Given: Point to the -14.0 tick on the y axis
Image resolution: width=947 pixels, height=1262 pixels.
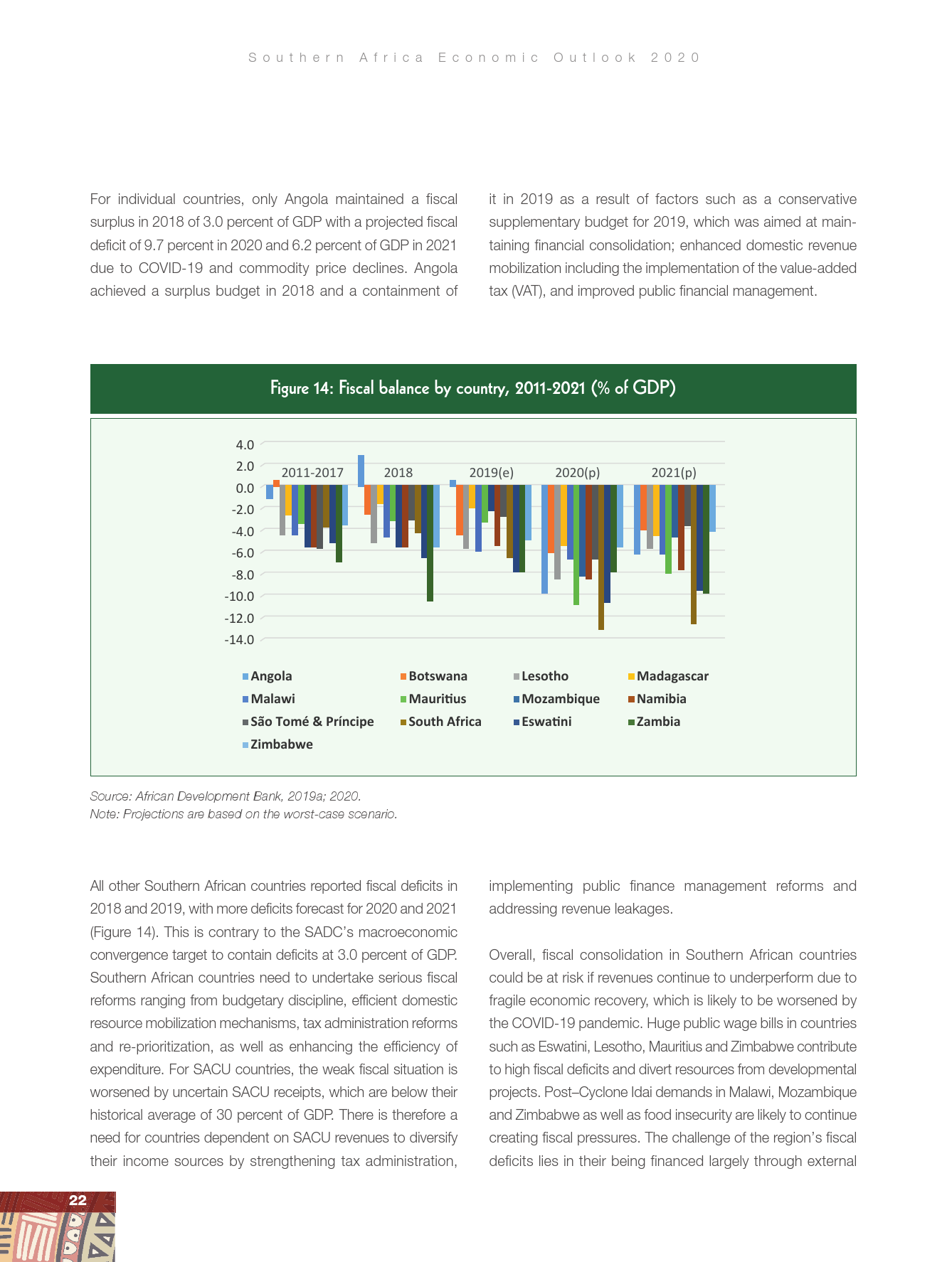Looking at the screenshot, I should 239,640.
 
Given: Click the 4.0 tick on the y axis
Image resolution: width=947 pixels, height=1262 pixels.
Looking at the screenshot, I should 245,445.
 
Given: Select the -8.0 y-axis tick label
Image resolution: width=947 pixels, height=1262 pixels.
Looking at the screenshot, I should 242,574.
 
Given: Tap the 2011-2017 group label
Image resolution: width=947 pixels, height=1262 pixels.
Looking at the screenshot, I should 312,473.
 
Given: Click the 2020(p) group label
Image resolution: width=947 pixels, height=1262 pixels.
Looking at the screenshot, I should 577,473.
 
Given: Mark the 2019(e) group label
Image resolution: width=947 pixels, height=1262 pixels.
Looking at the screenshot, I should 491,473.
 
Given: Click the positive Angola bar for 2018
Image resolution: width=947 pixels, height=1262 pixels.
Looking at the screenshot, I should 361,471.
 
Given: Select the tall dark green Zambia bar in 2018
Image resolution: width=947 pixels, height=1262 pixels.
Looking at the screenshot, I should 430,543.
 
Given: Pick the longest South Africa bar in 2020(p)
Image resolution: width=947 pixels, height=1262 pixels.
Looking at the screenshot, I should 601,557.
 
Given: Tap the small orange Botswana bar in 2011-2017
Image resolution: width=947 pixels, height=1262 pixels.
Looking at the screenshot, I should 276,483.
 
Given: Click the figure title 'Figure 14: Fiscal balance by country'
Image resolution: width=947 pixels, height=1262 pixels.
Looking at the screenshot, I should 472,388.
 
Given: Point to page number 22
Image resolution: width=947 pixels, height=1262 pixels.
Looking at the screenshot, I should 78,1200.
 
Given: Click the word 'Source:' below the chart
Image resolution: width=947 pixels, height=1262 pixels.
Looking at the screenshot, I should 110,796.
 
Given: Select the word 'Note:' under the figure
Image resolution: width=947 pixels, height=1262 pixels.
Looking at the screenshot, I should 105,814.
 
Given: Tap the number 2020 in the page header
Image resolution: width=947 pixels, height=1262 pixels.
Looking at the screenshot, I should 675,58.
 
